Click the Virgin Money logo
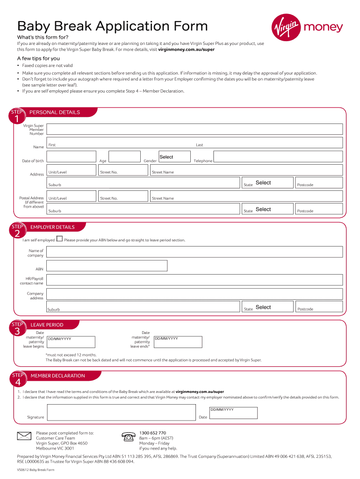[x=307, y=28]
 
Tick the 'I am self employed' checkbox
[x=59, y=239]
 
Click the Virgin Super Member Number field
[x=194, y=130]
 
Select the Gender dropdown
[x=174, y=157]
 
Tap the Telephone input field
[x=278, y=157]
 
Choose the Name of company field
[x=194, y=252]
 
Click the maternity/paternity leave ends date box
[x=178, y=342]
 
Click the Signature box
[x=121, y=413]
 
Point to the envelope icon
[x=24, y=436]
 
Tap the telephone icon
[x=128, y=437]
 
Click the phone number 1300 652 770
[x=152, y=433]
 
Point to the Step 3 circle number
[x=17, y=331]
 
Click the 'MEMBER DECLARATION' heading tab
[x=58, y=376]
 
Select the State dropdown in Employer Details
[x=274, y=307]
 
